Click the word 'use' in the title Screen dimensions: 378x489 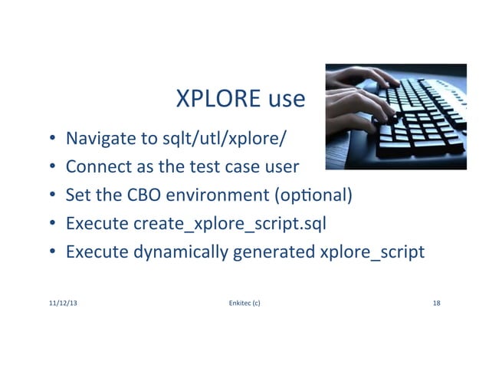(285, 99)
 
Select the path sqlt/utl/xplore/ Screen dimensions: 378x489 (225, 140)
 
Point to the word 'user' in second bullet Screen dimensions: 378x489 (281, 167)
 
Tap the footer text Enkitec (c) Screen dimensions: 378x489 (244, 304)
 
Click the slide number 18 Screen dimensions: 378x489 (436, 304)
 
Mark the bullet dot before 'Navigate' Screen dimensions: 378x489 (52, 140)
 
